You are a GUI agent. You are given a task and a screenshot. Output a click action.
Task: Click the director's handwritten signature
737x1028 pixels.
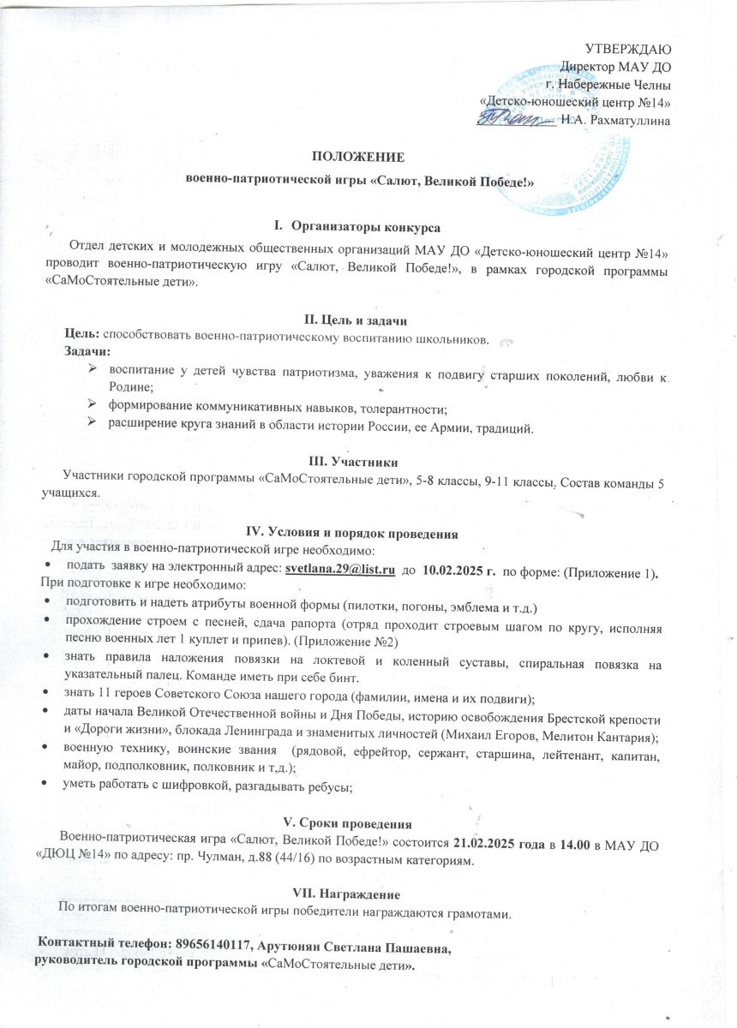pyautogui.click(x=514, y=116)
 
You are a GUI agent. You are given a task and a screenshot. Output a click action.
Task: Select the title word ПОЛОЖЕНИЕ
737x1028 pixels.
pyautogui.click(x=358, y=157)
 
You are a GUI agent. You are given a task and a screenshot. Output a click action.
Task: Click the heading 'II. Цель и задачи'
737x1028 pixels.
pyautogui.click(x=358, y=320)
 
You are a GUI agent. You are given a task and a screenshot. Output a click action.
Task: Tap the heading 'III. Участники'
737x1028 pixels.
pyautogui.click(x=357, y=460)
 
